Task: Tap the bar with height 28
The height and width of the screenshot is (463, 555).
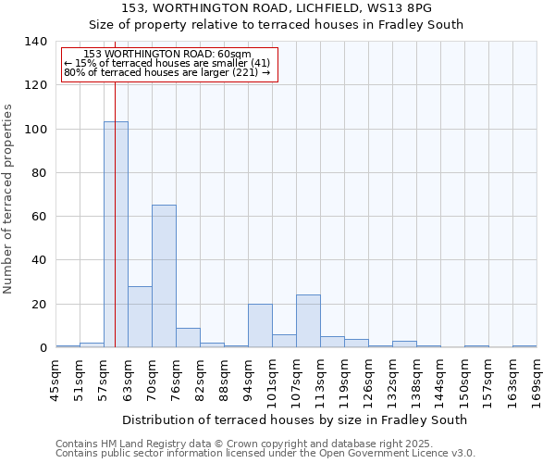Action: [140, 317]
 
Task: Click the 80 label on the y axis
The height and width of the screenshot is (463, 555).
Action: [40, 173]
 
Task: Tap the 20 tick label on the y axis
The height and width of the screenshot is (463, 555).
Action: [40, 305]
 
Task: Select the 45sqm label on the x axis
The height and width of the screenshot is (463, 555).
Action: [55, 380]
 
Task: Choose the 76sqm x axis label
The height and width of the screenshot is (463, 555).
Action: [176, 380]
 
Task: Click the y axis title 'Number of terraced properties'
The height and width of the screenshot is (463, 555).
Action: [9, 198]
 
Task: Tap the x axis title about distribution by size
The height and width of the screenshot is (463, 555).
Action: [294, 419]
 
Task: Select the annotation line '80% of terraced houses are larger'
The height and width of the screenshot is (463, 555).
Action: [166, 72]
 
